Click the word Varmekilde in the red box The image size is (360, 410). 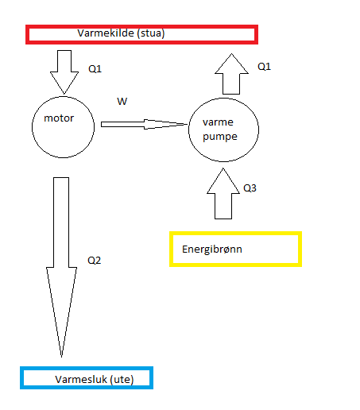click(x=106, y=33)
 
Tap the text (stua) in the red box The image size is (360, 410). click(x=151, y=33)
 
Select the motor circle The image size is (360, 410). click(x=32, y=127)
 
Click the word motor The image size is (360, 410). click(x=59, y=118)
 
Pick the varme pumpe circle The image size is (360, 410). click(x=188, y=130)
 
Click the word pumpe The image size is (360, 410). click(x=220, y=137)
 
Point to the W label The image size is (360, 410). click(x=122, y=101)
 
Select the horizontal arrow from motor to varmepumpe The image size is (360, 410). click(x=145, y=124)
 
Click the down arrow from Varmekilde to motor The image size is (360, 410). click(x=64, y=72)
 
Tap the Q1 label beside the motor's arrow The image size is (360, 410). click(x=95, y=69)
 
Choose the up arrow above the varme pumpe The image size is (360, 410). click(x=231, y=74)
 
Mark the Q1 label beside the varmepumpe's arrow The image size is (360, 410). click(x=264, y=67)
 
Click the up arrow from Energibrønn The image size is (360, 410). click(x=223, y=194)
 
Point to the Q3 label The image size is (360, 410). click(x=250, y=188)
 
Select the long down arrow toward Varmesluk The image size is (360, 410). click(x=61, y=267)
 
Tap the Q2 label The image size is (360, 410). click(x=95, y=261)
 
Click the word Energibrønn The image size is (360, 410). click(x=212, y=249)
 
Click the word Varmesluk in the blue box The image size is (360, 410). click(x=81, y=380)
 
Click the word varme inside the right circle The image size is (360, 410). click(x=218, y=122)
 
